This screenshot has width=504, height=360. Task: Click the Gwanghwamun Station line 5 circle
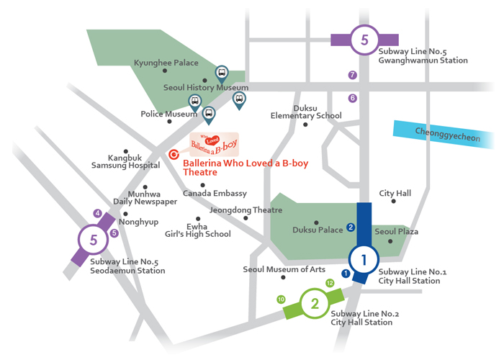coord(364,40)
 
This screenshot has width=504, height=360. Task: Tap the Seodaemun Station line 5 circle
coord(93,240)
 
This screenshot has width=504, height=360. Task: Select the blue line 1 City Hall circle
coord(364,260)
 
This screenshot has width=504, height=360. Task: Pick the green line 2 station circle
coord(315,303)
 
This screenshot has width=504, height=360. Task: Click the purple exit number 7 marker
coord(353,75)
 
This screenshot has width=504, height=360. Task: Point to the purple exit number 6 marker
coord(353,98)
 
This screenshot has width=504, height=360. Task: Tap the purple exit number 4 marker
coord(97,213)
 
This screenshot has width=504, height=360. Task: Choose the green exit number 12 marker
coord(330,283)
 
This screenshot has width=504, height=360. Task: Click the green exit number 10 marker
coord(281,300)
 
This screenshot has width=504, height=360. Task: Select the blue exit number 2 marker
coord(351,228)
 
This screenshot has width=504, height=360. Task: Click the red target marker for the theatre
coord(174,155)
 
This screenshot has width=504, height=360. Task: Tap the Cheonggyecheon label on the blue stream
coord(447,135)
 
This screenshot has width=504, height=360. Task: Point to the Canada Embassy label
coord(215,193)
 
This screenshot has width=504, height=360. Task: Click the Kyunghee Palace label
coord(166,63)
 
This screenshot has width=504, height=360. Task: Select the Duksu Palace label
coord(318,230)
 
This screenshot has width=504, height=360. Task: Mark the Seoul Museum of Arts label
coord(284,269)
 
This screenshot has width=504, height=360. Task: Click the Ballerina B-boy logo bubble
coord(214,144)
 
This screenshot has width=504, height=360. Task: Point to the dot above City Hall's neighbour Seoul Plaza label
coord(393,201)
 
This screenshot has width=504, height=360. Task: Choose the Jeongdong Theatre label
coord(246,210)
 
